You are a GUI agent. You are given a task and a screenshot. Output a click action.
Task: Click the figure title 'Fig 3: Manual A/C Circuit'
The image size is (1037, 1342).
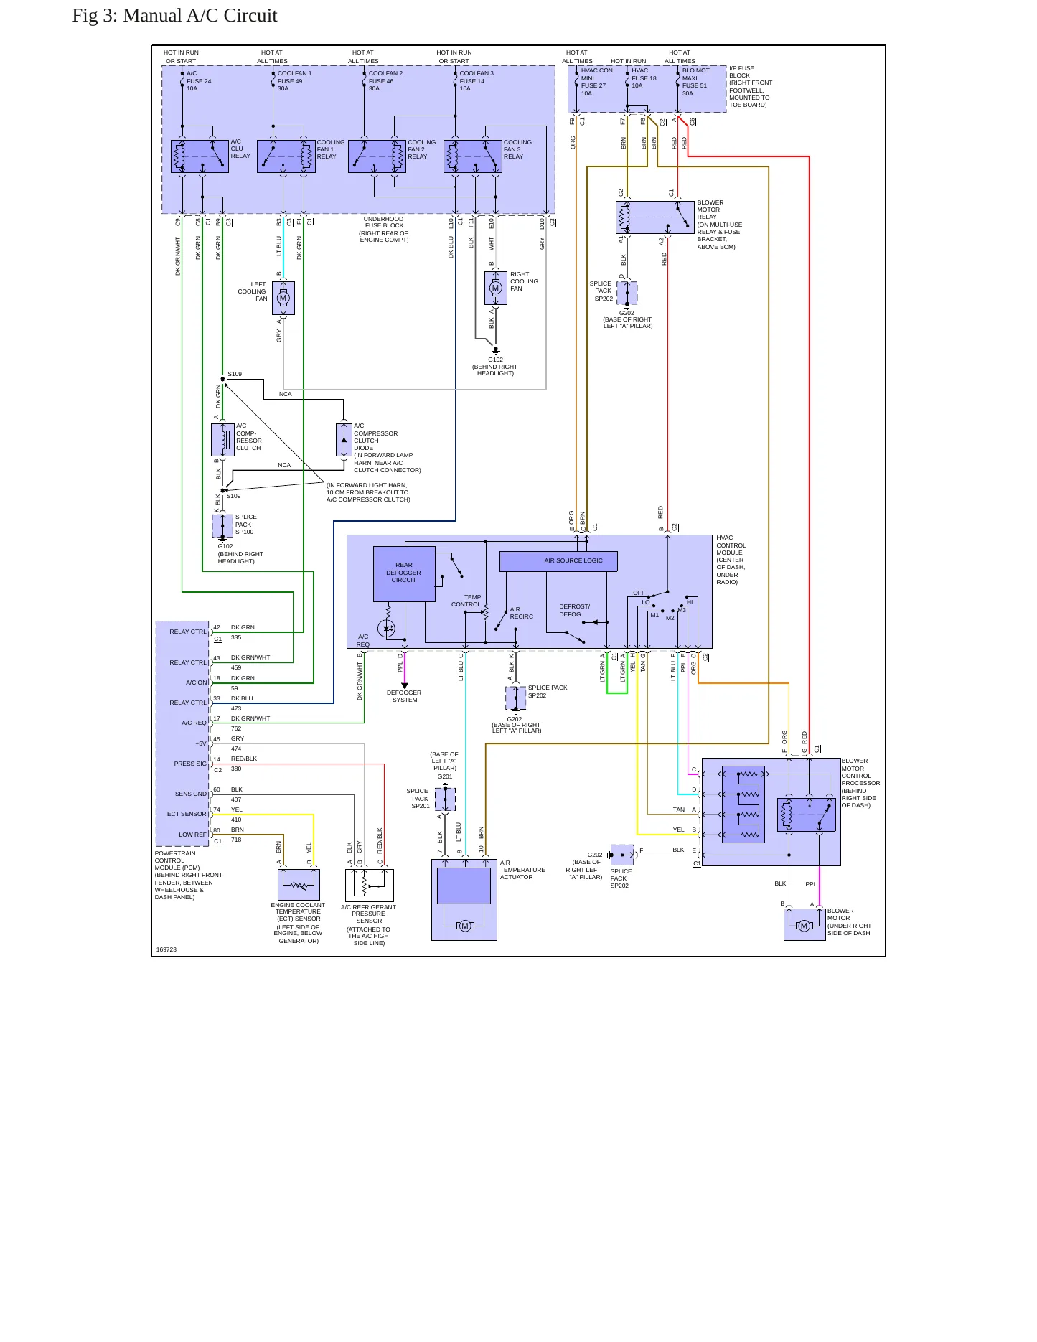(174, 15)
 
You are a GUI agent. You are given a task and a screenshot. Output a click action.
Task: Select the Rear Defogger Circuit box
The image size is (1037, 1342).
(404, 574)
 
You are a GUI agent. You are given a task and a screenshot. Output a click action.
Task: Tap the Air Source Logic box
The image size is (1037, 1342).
(558, 561)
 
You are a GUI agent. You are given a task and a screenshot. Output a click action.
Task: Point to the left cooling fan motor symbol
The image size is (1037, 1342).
(283, 298)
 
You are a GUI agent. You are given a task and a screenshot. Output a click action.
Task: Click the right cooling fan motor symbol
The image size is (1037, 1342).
(495, 288)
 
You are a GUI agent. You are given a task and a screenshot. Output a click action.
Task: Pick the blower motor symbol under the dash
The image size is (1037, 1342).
(804, 925)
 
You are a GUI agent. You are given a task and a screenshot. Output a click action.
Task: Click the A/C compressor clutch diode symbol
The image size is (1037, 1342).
(344, 439)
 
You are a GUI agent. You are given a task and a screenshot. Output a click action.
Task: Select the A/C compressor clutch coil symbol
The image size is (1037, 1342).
(222, 439)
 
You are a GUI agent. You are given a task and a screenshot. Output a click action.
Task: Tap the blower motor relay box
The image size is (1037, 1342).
(655, 217)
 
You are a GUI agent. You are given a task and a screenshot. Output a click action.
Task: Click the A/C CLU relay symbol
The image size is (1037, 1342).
(200, 156)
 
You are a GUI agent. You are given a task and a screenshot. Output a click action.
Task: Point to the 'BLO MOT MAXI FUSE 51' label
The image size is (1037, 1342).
(695, 82)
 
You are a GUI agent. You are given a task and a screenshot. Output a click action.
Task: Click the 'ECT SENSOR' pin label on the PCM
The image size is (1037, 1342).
(187, 814)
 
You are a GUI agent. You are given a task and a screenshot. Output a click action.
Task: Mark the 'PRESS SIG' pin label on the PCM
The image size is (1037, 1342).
(189, 764)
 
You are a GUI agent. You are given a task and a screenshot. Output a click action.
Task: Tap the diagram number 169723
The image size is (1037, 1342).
(166, 949)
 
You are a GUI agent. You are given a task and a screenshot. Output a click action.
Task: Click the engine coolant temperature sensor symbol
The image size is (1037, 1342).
(299, 885)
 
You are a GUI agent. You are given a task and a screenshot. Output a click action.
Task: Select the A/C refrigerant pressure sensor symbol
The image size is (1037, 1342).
(369, 885)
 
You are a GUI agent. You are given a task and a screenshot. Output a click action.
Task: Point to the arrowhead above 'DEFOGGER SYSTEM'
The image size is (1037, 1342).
(405, 686)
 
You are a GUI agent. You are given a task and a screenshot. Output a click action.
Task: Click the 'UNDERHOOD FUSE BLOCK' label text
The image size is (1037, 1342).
(384, 222)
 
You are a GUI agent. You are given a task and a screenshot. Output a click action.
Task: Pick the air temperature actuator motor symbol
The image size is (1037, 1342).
(464, 926)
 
